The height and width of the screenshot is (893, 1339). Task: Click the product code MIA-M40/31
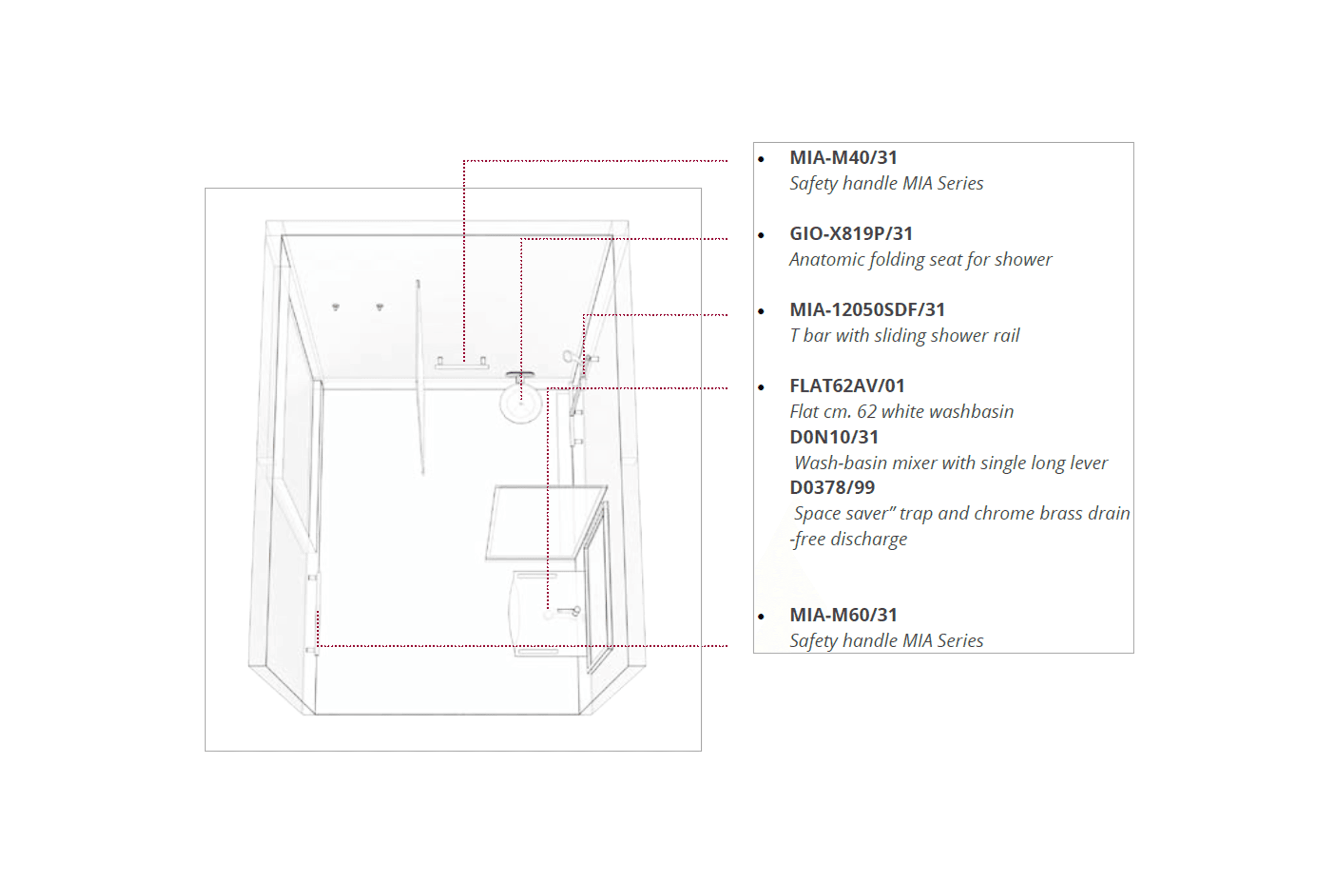[x=843, y=157]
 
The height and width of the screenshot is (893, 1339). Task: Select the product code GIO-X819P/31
[x=851, y=234]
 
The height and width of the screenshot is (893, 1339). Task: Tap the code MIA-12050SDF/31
[x=867, y=310]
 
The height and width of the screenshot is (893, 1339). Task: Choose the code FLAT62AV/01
[x=847, y=386]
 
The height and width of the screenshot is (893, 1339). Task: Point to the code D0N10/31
[x=834, y=437]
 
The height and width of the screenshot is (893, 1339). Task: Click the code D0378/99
[x=832, y=488]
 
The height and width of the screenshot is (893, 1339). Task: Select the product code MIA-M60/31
[x=843, y=615]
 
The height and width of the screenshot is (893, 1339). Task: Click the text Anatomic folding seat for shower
[x=920, y=260]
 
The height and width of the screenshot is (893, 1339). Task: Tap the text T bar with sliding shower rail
[x=904, y=336]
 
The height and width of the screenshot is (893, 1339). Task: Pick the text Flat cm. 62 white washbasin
[x=902, y=412]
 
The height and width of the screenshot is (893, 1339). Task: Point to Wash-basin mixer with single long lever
[x=951, y=463]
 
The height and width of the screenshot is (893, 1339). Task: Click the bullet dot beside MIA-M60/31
[x=761, y=617]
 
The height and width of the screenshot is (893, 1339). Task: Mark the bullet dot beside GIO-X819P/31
[x=761, y=235]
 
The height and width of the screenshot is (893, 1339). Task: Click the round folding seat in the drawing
[x=521, y=401]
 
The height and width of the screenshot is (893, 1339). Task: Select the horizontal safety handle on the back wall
[x=462, y=363]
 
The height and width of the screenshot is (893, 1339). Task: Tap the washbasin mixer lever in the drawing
[x=568, y=611]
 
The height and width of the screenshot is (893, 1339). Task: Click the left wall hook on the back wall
[x=336, y=307]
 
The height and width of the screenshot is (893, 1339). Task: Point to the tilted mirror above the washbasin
[x=546, y=522]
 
